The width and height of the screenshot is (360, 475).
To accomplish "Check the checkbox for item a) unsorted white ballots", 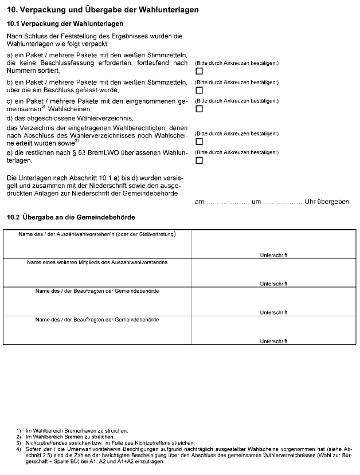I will click(x=199, y=72).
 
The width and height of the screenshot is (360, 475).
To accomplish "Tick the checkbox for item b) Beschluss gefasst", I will click(x=199, y=91).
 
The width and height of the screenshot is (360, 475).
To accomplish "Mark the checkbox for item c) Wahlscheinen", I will click(x=199, y=109).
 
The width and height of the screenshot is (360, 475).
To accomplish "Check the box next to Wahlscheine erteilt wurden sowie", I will click(x=199, y=142).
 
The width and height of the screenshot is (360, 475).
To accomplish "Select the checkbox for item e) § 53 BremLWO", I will click(x=199, y=160).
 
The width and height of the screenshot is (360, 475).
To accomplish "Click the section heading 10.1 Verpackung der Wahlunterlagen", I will click(x=65, y=24).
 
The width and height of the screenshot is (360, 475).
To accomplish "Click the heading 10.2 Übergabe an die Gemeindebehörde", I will click(x=70, y=217).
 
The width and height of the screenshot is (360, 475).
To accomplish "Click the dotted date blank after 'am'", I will click(x=226, y=202).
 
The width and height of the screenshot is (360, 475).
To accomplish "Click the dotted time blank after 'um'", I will click(x=281, y=202).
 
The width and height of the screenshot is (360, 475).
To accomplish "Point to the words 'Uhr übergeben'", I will click(x=327, y=202).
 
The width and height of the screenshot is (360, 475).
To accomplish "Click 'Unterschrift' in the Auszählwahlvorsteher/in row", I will click(x=273, y=255).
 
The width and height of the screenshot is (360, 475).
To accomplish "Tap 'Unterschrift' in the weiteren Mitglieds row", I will click(x=273, y=284).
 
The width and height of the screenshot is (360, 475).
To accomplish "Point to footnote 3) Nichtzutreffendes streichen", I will click(x=109, y=442).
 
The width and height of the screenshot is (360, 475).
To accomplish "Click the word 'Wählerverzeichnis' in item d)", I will click(x=100, y=118).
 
